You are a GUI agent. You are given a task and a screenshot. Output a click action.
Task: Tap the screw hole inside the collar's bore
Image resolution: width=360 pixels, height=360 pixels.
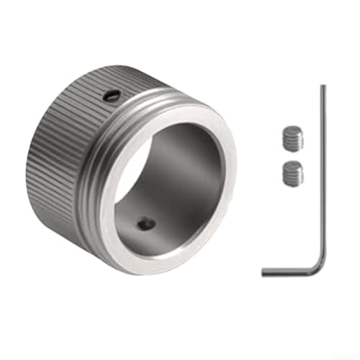[x=146, y=225]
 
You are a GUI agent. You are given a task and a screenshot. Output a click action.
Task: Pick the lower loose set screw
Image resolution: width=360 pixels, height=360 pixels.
[x=292, y=174]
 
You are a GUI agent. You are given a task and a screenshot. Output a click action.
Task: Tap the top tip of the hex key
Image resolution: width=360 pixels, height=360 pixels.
[x=323, y=87]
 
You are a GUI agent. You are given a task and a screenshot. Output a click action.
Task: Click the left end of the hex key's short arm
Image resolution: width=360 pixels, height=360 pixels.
[x=264, y=271]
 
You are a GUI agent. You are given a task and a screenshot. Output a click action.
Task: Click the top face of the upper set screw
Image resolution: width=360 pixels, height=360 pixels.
[x=292, y=132]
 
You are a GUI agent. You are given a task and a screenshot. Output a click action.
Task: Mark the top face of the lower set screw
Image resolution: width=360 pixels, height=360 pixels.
[x=292, y=167]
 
